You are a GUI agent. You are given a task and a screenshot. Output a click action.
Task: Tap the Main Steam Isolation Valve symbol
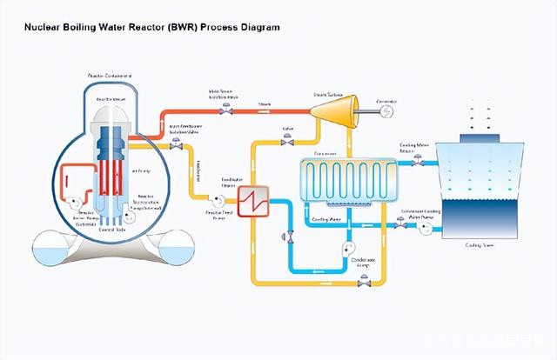click(x=225, y=110)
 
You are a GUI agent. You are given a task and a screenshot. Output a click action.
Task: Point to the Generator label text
click(x=386, y=100)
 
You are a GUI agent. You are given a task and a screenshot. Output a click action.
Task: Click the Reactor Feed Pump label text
click(x=218, y=214)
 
